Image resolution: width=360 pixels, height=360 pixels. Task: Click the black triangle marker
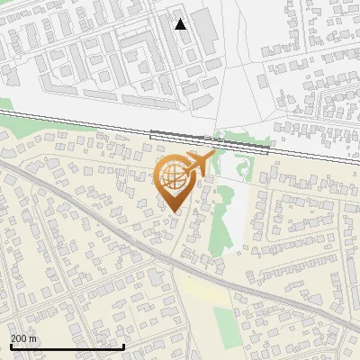[181, 24]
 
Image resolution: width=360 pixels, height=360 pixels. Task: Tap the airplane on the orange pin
[199, 164]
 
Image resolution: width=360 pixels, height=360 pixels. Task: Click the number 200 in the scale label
[19, 338]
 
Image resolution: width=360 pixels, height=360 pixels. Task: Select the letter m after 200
[33, 338]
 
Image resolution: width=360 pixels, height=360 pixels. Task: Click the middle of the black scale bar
[67, 346]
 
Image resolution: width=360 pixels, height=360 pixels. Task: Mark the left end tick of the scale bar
[11, 345]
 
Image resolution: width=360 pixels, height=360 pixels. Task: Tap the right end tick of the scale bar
[123, 345]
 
